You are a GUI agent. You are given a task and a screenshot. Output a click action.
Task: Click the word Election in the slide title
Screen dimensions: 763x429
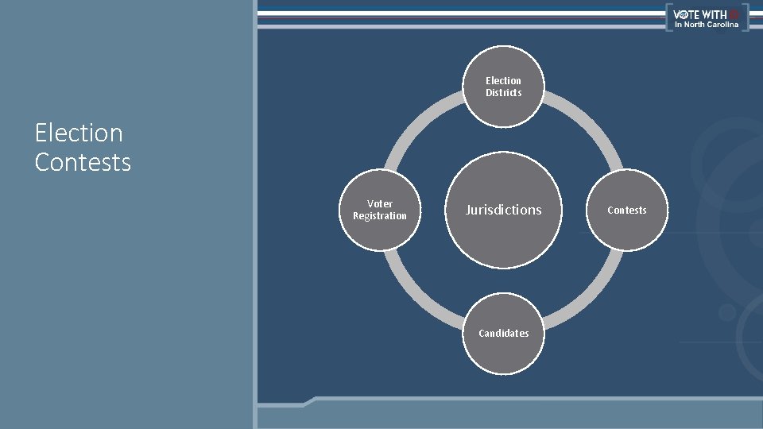(x=79, y=133)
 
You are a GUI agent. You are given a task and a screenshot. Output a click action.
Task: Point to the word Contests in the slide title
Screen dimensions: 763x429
(x=83, y=162)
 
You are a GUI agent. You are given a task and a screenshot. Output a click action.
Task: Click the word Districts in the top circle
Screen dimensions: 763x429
(x=504, y=93)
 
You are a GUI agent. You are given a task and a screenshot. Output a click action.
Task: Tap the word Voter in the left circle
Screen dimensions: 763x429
(x=380, y=204)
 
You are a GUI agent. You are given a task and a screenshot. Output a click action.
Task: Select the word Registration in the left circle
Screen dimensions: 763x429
(x=380, y=216)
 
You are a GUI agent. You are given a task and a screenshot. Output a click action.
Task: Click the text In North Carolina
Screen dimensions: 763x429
(x=707, y=25)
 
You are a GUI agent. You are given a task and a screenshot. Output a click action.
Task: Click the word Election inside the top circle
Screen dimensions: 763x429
(x=504, y=81)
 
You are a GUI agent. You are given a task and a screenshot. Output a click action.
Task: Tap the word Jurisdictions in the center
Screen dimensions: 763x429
(x=503, y=210)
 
